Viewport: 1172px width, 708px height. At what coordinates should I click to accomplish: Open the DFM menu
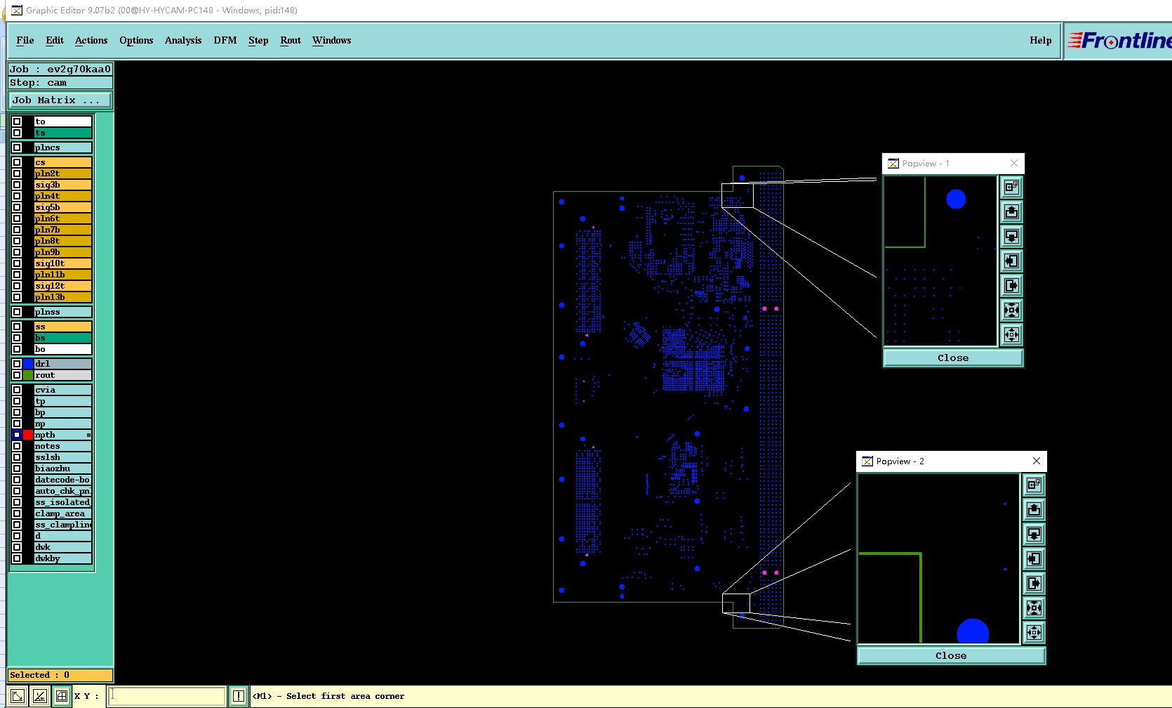point(225,40)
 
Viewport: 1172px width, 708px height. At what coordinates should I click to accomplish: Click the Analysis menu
point(183,40)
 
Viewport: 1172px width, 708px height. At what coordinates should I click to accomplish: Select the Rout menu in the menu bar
point(291,40)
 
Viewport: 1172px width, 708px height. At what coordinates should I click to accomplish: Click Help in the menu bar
point(1040,40)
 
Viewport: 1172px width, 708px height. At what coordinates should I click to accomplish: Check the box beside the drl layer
point(17,363)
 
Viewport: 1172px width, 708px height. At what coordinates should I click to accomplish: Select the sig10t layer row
point(62,263)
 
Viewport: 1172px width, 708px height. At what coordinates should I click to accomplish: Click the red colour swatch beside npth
point(28,435)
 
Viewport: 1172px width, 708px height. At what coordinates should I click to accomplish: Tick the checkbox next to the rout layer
point(17,375)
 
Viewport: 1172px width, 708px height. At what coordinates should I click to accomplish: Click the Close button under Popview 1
point(953,358)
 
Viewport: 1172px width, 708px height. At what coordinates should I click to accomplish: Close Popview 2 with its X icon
point(1036,461)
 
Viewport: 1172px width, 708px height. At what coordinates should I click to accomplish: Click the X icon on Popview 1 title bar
point(1013,164)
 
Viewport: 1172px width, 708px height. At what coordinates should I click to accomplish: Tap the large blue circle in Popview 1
point(956,199)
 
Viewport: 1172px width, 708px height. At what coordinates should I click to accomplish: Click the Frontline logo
point(1119,40)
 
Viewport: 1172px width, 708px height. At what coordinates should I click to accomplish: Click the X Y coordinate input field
point(167,696)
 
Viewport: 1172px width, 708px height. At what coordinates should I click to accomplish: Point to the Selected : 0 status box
point(60,675)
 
